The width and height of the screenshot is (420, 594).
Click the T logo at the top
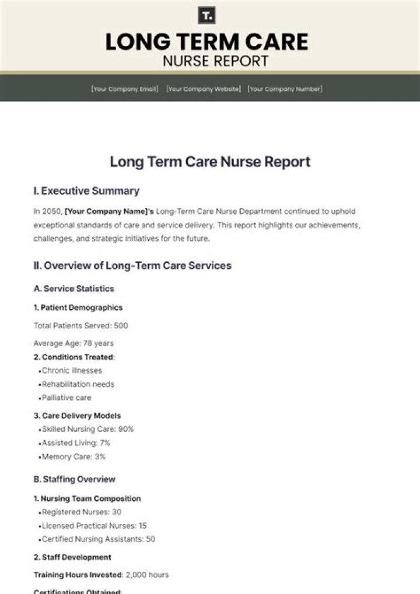[206, 16]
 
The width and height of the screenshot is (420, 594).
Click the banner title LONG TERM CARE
[207, 41]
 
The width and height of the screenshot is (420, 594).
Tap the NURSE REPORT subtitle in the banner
[216, 61]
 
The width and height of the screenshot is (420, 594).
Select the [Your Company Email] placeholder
[124, 89]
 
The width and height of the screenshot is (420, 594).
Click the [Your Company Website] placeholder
[203, 89]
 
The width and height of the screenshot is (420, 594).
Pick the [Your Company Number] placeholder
[285, 89]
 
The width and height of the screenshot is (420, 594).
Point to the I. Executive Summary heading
[86, 191]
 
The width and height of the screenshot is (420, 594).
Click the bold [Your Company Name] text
[108, 212]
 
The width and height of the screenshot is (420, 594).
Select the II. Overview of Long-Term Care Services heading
[132, 266]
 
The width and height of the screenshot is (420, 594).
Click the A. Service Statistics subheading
[74, 289]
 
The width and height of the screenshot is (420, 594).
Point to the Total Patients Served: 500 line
[80, 326]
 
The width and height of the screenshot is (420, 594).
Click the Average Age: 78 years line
[73, 343]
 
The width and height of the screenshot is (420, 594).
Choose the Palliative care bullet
[66, 398]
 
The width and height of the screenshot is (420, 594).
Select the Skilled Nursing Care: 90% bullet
[87, 429]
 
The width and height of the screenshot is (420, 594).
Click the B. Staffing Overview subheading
[75, 479]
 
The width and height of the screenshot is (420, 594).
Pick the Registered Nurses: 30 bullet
[81, 512]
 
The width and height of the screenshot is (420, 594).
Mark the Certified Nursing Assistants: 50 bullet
[98, 539]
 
